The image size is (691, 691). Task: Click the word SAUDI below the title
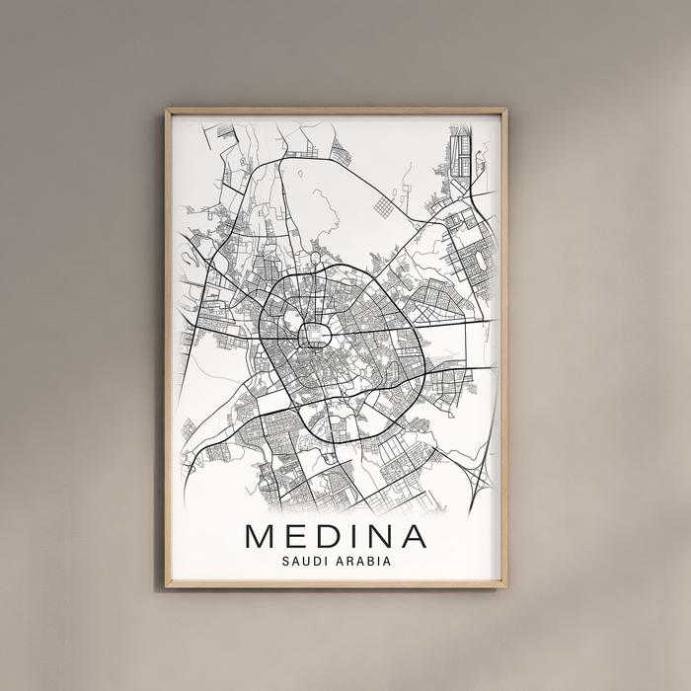[301, 561]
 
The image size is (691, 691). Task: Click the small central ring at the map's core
[315, 336]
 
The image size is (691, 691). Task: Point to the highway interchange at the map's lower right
[478, 483]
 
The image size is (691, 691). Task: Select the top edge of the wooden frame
[336, 111]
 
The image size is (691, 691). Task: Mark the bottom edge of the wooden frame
[336, 584]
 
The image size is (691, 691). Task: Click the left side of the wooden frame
[169, 345]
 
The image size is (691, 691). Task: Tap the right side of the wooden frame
[503, 345]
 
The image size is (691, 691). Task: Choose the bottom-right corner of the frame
[503, 584]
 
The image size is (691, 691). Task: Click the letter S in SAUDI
[284, 561]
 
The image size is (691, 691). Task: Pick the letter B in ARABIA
[374, 561]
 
